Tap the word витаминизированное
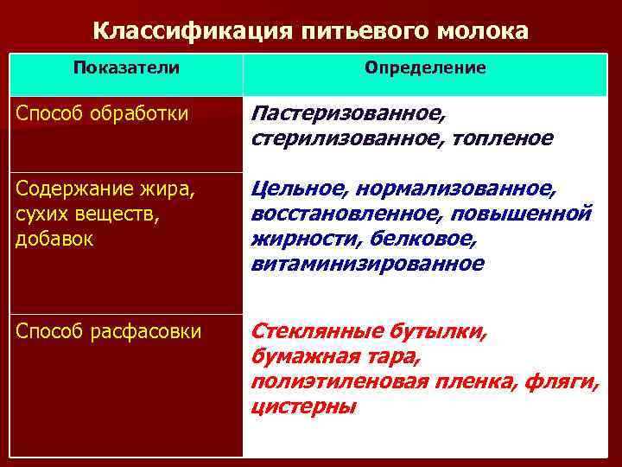(368, 262)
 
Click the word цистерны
(303, 406)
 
